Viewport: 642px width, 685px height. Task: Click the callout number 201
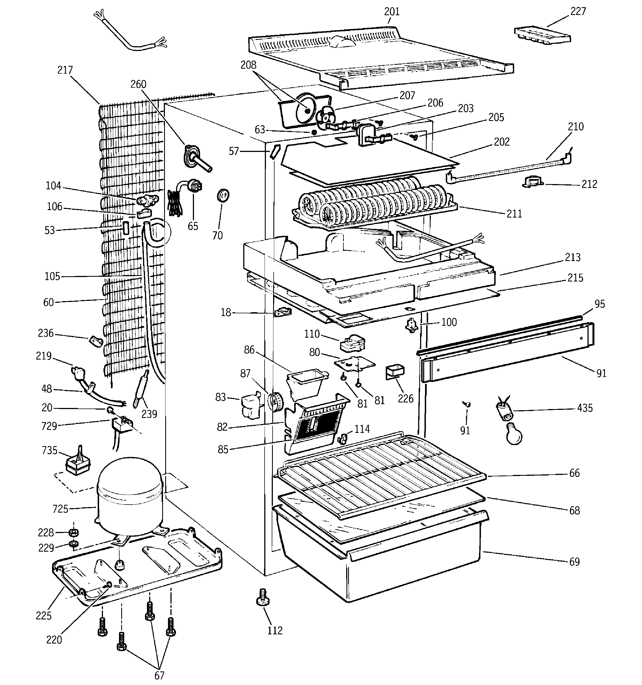pos(392,12)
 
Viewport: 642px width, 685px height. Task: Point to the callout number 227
pos(578,12)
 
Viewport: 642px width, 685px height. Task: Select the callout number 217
pos(65,70)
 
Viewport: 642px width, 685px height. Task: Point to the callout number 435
pos(585,408)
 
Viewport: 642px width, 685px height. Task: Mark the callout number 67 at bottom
pos(159,675)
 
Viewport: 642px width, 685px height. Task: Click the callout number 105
pos(52,276)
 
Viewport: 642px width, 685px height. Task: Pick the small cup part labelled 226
pos(395,372)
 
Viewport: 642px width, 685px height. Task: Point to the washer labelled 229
pos(73,545)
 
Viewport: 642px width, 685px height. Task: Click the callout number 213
pos(572,257)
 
